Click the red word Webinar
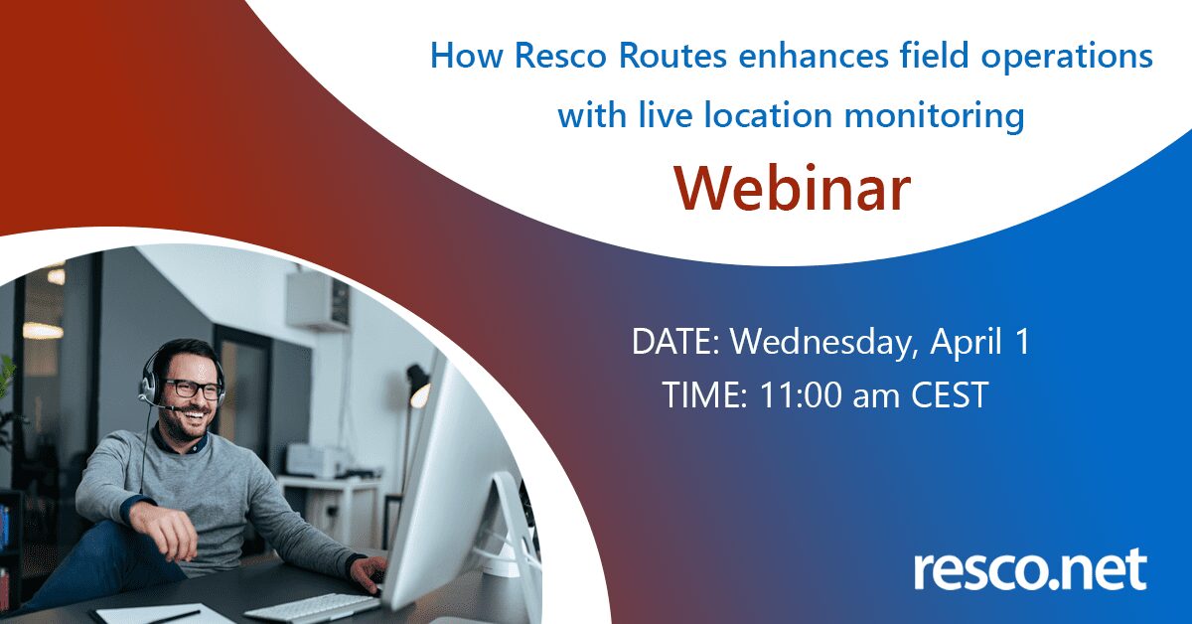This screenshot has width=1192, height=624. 793,189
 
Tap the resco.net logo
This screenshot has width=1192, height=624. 1031,570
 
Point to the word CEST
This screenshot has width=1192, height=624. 950,394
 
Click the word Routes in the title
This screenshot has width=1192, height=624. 672,56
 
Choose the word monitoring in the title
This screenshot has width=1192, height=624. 934,115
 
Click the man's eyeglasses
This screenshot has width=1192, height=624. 192,389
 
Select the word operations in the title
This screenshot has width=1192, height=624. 1067,57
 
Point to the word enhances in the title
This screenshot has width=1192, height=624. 814,56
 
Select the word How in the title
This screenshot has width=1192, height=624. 466,56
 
